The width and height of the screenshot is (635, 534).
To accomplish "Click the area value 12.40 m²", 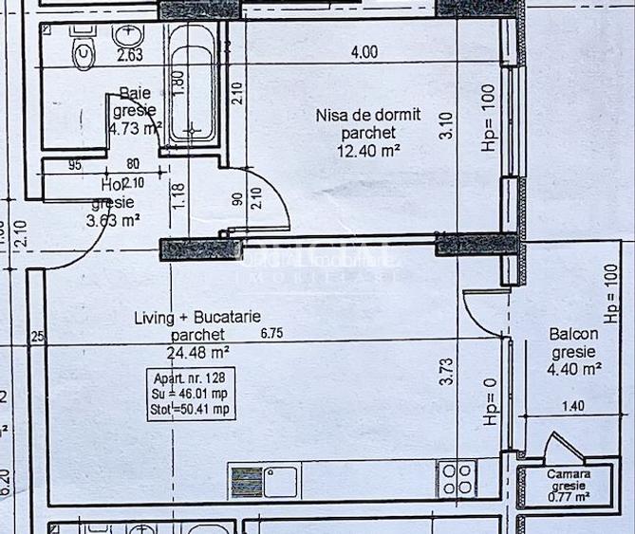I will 367,150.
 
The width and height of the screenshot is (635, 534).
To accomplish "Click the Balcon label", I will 573,334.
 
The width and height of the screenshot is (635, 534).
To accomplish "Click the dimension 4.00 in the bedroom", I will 364,53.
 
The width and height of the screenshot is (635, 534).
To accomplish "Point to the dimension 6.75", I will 271,333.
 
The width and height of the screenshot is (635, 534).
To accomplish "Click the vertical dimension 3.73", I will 445,370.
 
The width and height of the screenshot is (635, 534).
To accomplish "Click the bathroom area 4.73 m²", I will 134,128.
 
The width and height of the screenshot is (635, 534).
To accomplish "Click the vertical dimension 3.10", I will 446,127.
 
